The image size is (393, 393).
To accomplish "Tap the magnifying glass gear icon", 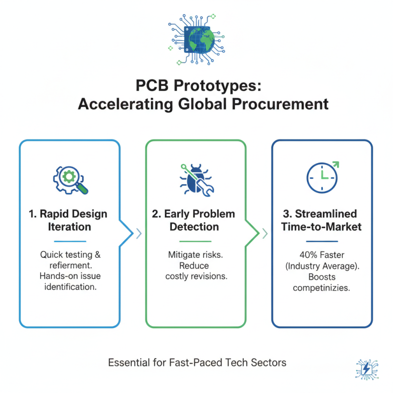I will click(69, 179).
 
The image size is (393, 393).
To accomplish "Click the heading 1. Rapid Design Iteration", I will click(69, 220).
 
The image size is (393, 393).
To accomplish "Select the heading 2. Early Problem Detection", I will click(195, 220).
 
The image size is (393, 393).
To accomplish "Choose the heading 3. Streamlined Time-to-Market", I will click(322, 220).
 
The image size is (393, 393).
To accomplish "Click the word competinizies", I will click(322, 287).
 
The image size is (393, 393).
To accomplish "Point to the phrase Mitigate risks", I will click(195, 255).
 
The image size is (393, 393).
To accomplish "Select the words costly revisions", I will click(196, 277).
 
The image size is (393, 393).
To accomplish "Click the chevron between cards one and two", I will click(139, 233).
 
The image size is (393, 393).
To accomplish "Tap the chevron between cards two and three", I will click(265, 233).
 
